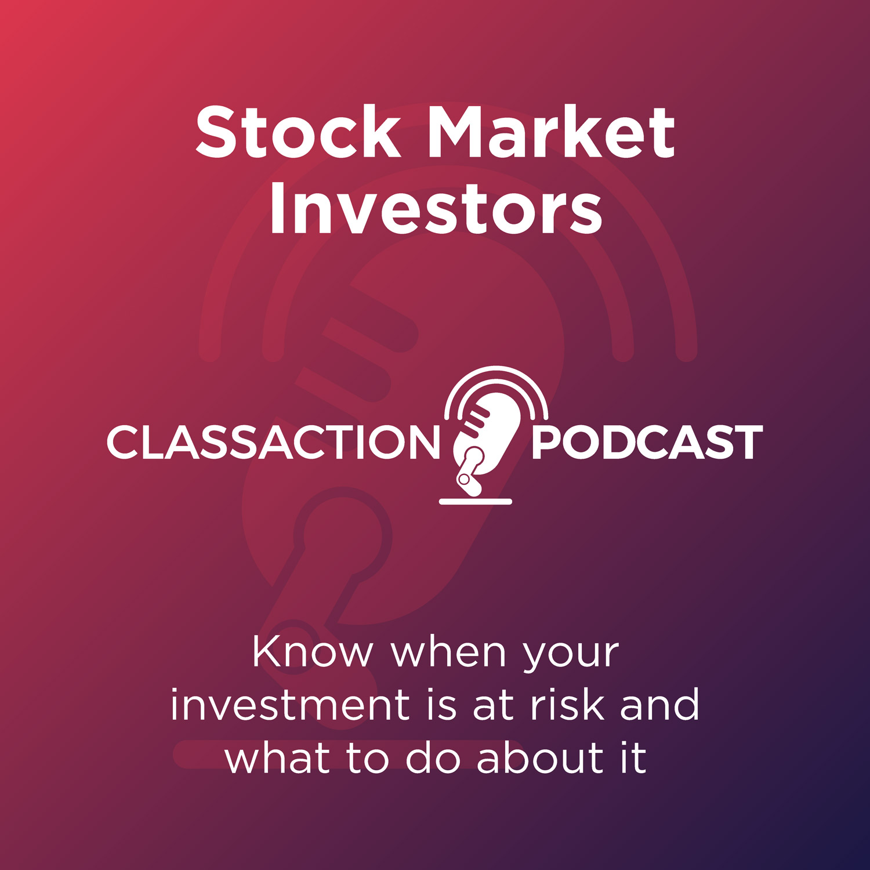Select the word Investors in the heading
click(x=436, y=210)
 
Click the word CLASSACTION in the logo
click(x=273, y=443)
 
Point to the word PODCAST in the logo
click(x=647, y=443)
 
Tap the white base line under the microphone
click(x=476, y=501)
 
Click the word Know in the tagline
click(x=313, y=652)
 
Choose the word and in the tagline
click(x=659, y=705)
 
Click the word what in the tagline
click(x=277, y=757)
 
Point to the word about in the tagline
click(x=541, y=757)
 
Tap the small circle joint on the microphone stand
click(x=464, y=480)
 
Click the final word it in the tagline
click(x=633, y=757)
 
